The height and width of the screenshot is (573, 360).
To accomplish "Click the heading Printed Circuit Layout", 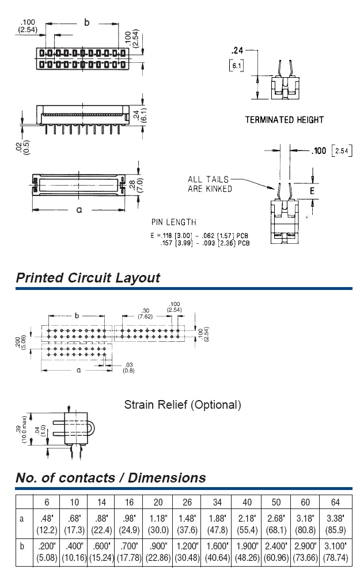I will coord(88,278).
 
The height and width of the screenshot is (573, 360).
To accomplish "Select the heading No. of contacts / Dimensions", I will coord(110,477).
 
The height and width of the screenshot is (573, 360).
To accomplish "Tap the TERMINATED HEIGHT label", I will coord(284,120).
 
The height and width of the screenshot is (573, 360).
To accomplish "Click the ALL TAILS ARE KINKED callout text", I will coord(210,184).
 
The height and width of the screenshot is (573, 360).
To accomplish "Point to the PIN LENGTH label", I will coord(173,222).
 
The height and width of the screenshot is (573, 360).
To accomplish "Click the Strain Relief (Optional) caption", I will coord(183,405).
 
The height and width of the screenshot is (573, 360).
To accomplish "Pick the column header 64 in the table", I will coord(336,502).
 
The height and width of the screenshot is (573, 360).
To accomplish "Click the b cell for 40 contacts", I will coord(247,551).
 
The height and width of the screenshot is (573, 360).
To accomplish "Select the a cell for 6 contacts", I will coord(47,523).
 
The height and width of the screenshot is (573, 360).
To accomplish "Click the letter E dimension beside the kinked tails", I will coord(313,190).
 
